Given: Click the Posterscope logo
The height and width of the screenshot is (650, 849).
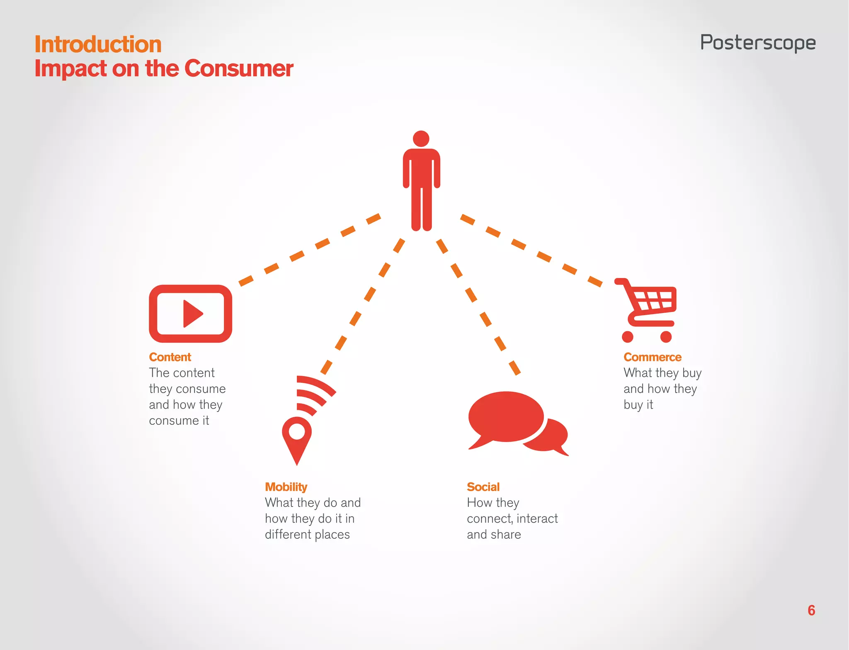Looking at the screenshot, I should pyautogui.click(x=758, y=43).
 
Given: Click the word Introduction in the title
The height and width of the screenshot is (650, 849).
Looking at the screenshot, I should pyautogui.click(x=98, y=44).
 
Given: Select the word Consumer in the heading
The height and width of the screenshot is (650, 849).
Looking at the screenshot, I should pyautogui.click(x=239, y=68).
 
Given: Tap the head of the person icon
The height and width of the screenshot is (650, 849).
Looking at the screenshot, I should pyautogui.click(x=421, y=139).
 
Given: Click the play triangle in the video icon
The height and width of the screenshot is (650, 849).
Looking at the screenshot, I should pyautogui.click(x=192, y=314).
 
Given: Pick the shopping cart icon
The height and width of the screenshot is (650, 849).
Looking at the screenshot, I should pyautogui.click(x=648, y=309).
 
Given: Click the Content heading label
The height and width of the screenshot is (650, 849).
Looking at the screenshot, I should pyautogui.click(x=170, y=357).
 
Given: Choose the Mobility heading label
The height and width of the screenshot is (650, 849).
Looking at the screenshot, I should pyautogui.click(x=286, y=487).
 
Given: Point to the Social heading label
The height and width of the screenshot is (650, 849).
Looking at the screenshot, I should pyautogui.click(x=483, y=487).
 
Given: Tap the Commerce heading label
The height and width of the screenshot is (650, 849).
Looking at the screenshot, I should pyautogui.click(x=652, y=357).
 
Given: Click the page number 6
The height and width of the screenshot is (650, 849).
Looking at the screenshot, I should pyautogui.click(x=811, y=610).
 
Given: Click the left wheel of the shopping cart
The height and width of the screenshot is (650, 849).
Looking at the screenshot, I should pyautogui.click(x=628, y=337).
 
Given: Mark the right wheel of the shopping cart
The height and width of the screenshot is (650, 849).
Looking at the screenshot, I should pyautogui.click(x=666, y=337).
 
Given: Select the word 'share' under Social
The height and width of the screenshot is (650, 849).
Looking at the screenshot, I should pyautogui.click(x=506, y=535).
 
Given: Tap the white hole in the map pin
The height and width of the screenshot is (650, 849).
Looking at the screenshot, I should pyautogui.click(x=297, y=431).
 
